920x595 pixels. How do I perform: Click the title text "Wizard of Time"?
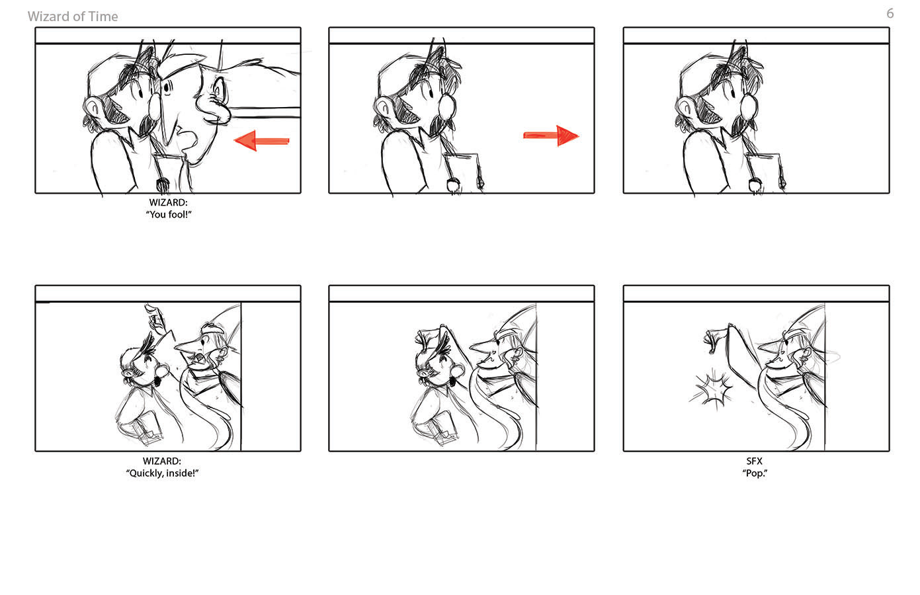pyautogui.click(x=73, y=17)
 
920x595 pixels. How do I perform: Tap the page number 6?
pyautogui.click(x=890, y=13)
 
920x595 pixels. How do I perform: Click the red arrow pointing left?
pyautogui.click(x=262, y=141)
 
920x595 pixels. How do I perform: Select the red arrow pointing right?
pyautogui.click(x=551, y=136)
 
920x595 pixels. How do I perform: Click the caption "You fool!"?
pyautogui.click(x=169, y=214)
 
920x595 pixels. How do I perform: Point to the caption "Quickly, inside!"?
pyautogui.click(x=162, y=473)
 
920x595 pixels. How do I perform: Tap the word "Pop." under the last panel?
pyautogui.click(x=755, y=473)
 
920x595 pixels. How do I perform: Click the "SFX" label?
pyautogui.click(x=755, y=461)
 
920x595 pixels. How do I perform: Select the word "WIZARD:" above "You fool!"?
pyautogui.click(x=169, y=202)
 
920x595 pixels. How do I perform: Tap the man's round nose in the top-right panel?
pyautogui.click(x=749, y=106)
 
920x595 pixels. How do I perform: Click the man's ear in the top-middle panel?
pyautogui.click(x=384, y=109)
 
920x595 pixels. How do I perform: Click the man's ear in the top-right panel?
pyautogui.click(x=685, y=109)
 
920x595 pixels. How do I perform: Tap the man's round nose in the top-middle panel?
pyautogui.click(x=447, y=106)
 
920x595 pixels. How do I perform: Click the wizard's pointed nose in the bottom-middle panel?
pyautogui.click(x=481, y=347)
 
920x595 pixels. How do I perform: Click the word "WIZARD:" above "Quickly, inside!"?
pyautogui.click(x=162, y=461)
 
